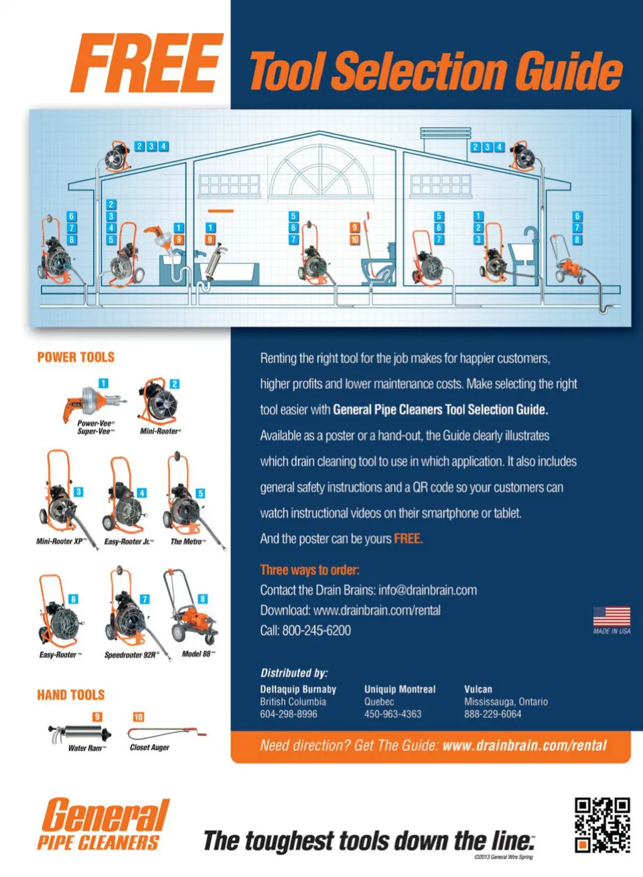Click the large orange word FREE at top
click(147, 63)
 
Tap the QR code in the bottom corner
click(602, 825)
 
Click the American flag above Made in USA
click(612, 617)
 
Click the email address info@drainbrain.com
click(427, 590)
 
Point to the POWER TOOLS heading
click(76, 357)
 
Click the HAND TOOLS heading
click(71, 695)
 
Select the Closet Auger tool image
click(167, 732)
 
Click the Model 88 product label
click(198, 654)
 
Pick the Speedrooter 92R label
click(131, 655)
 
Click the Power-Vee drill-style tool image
click(94, 403)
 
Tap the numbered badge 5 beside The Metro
click(200, 493)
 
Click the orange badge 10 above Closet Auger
click(138, 717)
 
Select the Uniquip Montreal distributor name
click(400, 689)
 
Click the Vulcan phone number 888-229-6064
click(492, 714)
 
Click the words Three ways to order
click(309, 570)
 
